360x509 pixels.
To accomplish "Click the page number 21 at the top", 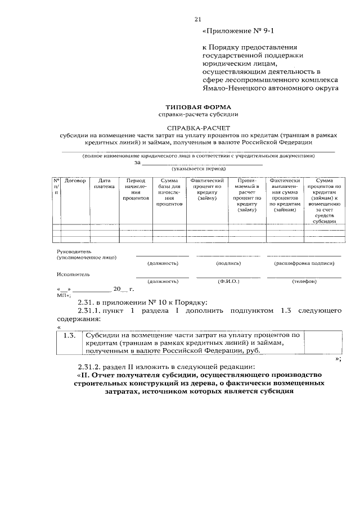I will pos(197,19).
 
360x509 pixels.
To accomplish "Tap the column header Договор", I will pos(75,181).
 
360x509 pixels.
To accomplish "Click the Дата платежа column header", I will pos(104,183).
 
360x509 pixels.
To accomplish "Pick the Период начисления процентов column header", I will pos(136,190).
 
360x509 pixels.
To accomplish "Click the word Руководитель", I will pos(74,251).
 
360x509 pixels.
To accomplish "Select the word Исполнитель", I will pos(73,274).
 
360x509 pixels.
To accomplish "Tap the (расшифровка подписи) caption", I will pos(304,263).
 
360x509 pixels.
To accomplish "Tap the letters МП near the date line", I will pos(61,294).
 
